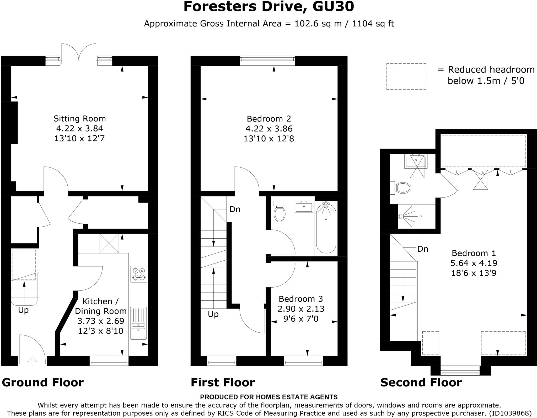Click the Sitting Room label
[x=79, y=119]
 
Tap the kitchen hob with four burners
[x=139, y=274]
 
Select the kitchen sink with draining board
[x=138, y=323]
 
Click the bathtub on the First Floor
[x=326, y=227]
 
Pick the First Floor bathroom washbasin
[x=304, y=207]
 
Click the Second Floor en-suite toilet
[x=400, y=188]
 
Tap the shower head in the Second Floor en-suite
[x=400, y=216]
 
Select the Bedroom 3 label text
[x=301, y=299]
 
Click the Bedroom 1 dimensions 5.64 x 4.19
[x=474, y=263]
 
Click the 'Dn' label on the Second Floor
[x=423, y=249]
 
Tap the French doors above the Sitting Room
[x=79, y=53]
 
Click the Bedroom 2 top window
[x=267, y=61]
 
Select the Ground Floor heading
[x=43, y=383]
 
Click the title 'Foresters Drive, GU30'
[x=269, y=7]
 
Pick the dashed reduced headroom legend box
[x=406, y=76]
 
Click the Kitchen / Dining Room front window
[x=109, y=361]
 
